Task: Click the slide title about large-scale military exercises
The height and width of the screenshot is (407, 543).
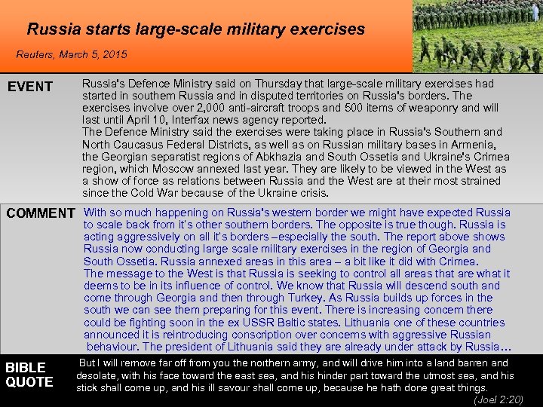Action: [195, 29]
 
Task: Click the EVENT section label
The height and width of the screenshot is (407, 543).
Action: [30, 87]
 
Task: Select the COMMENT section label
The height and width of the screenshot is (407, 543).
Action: [41, 213]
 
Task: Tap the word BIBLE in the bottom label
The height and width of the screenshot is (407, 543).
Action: [26, 368]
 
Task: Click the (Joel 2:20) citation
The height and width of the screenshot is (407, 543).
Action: [498, 399]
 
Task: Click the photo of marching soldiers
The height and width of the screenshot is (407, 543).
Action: [478, 36]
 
